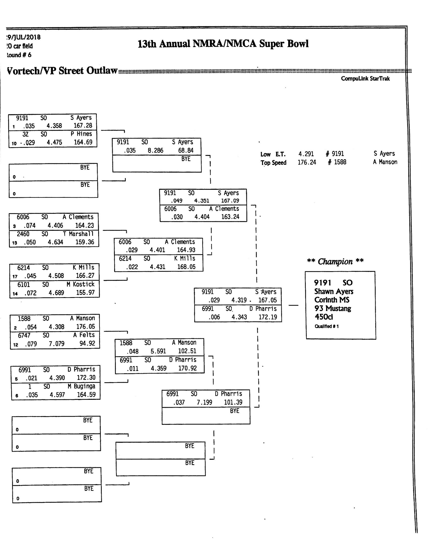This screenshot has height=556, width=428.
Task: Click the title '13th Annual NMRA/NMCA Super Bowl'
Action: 223,44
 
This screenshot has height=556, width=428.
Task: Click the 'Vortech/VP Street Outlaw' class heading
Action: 62,71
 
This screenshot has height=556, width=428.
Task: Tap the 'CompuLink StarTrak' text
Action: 365,78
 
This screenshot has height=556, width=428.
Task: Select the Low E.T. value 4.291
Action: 306,154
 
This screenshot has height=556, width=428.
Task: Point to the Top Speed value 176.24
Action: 307,162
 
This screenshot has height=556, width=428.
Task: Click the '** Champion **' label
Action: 335,261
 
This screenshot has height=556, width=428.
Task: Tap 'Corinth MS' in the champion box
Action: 332,300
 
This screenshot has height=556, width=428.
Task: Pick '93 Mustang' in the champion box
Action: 332,308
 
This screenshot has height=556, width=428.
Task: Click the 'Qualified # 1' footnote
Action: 327,326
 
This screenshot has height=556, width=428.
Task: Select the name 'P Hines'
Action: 81,134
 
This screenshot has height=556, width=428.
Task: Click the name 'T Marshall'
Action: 78,234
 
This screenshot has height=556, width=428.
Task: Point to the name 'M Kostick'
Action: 80,284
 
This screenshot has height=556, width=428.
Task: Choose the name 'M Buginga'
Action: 82,386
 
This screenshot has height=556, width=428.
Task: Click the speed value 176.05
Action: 86,327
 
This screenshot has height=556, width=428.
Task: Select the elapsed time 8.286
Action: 156,150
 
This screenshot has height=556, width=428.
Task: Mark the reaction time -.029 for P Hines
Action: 27,143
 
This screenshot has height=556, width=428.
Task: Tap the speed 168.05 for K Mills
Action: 186,267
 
